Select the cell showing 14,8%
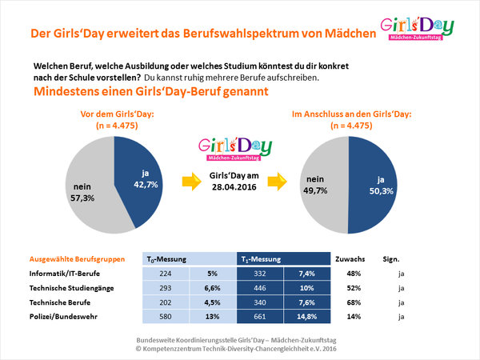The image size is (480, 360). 308,316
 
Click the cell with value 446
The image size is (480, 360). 262,287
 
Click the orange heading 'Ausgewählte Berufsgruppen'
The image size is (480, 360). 76,259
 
